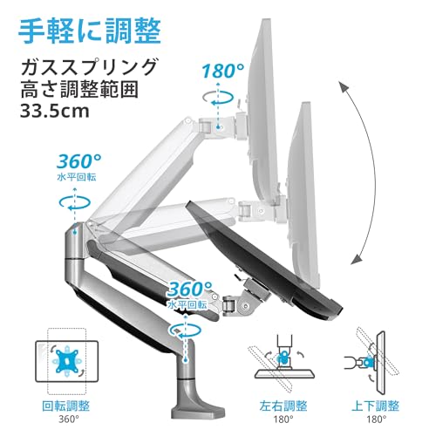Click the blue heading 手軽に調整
pyautogui.click(x=89, y=31)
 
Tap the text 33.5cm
pyautogui.click(x=54, y=111)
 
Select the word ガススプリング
pyautogui.click(x=89, y=67)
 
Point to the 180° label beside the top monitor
pyautogui.click(x=223, y=71)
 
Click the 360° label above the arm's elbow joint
pyautogui.click(x=79, y=161)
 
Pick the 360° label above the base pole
pyautogui.click(x=190, y=289)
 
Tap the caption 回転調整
pyautogui.click(x=66, y=405)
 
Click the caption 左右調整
pyautogui.click(x=283, y=405)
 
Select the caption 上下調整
pyautogui.click(x=376, y=405)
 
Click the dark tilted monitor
pyautogui.click(x=263, y=260)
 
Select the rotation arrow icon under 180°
pyautogui.click(x=218, y=98)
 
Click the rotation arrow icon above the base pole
pyautogui.click(x=185, y=330)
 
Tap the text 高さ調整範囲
pyautogui.click(x=79, y=89)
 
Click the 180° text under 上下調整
pyautogui.click(x=377, y=419)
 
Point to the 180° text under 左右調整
pyautogui.click(x=283, y=419)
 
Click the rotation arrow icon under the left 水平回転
pyautogui.click(x=75, y=202)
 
